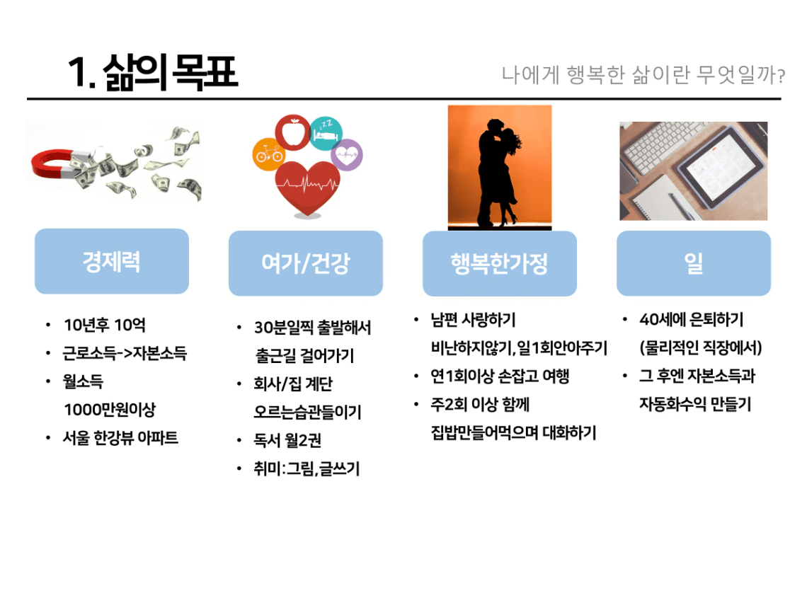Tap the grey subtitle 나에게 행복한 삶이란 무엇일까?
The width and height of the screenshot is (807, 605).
643,75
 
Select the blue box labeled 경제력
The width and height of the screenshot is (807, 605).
112,261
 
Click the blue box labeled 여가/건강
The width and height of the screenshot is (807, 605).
306,263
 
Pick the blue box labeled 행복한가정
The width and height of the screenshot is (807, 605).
500,263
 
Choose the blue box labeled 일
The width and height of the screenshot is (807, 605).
694,263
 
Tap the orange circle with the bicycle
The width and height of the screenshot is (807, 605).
269,154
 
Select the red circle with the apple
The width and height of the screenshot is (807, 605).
293,132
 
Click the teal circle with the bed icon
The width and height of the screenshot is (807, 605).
326,133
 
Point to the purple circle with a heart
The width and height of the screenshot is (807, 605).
347,155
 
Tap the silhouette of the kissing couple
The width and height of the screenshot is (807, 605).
497,173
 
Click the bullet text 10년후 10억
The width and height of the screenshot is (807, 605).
105,325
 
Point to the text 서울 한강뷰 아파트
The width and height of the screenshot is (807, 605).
120,438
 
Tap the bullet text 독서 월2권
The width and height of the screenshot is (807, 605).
287,440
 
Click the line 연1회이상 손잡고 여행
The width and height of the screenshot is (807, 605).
500,376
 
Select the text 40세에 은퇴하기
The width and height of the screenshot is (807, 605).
691,319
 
